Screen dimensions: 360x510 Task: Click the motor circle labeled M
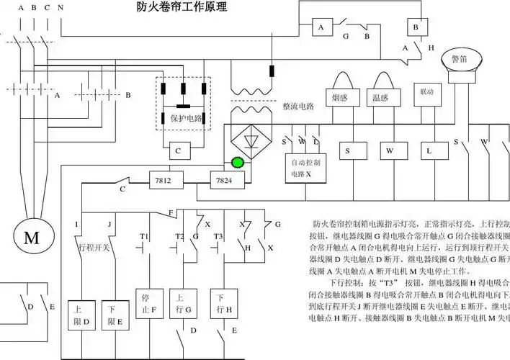tap(32, 238)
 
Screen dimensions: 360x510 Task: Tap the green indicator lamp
tap(237, 163)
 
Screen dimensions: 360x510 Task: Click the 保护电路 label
tap(184, 118)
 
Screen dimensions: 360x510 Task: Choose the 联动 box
tap(426, 93)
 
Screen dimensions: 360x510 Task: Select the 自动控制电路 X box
tap(301, 168)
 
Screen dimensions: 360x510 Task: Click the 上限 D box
tap(81, 315)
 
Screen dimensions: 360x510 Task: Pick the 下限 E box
tap(115, 315)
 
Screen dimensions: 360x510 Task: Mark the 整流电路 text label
tap(298, 106)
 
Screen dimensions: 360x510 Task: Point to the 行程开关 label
tap(93, 247)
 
